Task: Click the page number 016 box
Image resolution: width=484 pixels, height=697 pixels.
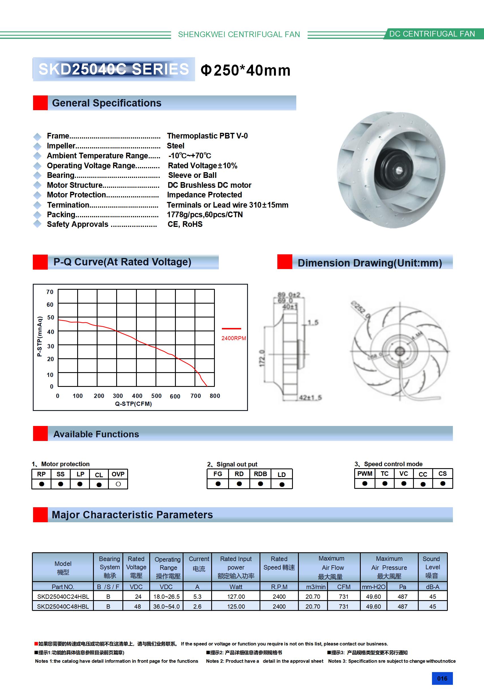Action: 442,678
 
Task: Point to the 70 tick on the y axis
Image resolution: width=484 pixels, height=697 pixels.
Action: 50,292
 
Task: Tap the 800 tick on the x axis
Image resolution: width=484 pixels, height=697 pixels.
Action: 215,396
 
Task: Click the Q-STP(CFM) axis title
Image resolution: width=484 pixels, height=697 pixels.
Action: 133,404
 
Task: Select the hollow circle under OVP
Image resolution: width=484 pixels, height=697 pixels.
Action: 118,484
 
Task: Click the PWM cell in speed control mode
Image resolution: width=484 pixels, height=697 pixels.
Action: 365,474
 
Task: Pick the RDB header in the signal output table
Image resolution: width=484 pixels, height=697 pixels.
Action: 260,474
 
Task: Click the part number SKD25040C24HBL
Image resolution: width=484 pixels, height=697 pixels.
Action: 63,596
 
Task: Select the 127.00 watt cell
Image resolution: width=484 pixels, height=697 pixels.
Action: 236,596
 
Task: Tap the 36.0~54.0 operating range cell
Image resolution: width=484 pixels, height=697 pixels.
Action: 166,607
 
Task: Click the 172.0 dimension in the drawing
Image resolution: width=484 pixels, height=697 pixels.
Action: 262,358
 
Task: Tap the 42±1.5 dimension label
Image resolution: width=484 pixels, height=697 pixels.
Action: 310,397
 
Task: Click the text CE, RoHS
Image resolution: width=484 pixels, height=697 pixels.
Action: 185,224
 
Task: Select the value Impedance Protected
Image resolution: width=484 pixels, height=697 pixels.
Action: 204,195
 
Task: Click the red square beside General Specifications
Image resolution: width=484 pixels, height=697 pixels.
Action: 40,103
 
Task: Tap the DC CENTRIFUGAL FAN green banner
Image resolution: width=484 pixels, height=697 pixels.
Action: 432,34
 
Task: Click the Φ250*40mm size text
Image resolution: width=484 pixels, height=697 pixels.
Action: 245,71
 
